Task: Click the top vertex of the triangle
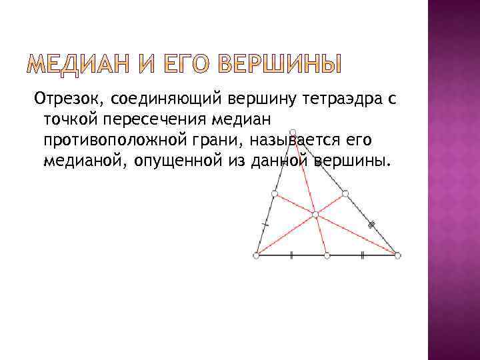point(293,131)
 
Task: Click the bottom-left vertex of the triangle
point(257,255)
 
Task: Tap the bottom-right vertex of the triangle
point(397,255)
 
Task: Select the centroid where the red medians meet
point(315,214)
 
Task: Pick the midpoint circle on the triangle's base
point(327,255)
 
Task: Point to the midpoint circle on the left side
point(275,193)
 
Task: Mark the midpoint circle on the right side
point(345,193)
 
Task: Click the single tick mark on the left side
point(265,225)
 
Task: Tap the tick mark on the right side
point(372,225)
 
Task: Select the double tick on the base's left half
point(291,255)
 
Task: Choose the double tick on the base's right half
point(362,255)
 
